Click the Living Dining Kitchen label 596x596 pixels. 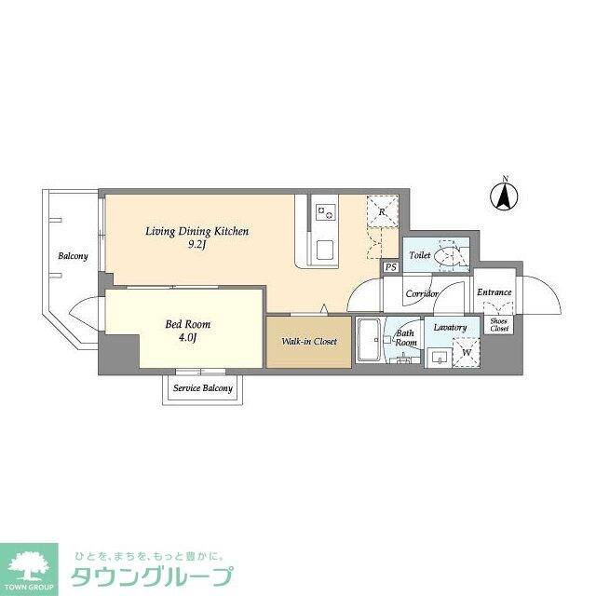(196, 231)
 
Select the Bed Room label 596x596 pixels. (187, 324)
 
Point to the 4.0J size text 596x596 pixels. (187, 338)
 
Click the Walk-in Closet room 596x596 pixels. (308, 342)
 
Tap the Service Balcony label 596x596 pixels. (203, 388)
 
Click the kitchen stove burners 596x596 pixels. (326, 212)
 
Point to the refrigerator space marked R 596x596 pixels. (382, 211)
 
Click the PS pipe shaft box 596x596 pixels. (389, 267)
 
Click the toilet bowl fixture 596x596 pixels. (451, 254)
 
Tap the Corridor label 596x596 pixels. (421, 293)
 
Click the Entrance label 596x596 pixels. (494, 292)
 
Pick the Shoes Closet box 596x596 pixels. (499, 325)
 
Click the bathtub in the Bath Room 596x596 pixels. (368, 342)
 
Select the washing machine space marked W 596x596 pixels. (463, 353)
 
